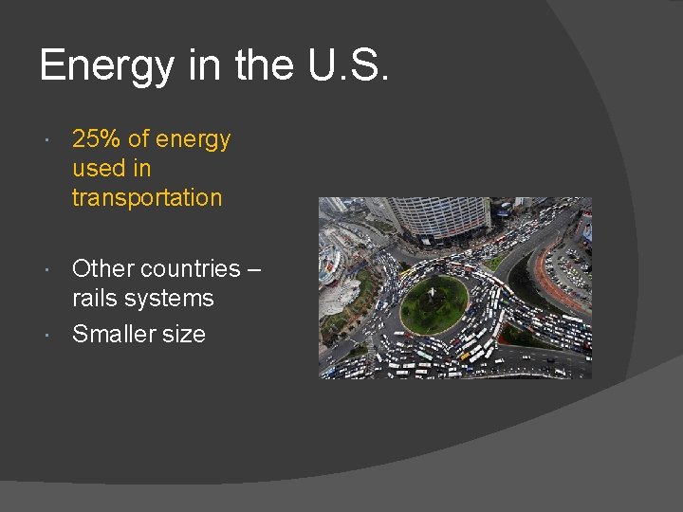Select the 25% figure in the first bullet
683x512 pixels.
pos(96,139)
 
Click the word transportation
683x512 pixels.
pos(147,198)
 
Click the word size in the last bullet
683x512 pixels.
pos(184,334)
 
